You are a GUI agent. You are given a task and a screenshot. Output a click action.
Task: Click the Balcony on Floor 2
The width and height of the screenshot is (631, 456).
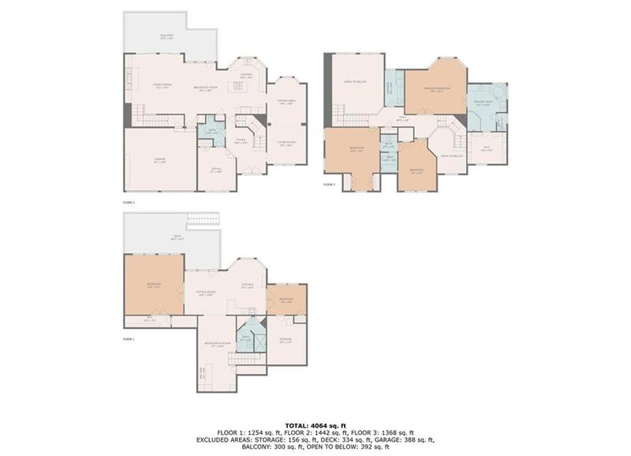click(x=167, y=36)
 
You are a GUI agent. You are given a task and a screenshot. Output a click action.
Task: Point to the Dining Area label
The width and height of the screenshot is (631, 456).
click(x=286, y=102)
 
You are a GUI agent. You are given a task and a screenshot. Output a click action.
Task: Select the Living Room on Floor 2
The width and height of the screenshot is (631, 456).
click(x=286, y=144)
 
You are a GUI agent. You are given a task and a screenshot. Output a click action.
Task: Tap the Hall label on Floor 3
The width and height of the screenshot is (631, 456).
click(x=402, y=119)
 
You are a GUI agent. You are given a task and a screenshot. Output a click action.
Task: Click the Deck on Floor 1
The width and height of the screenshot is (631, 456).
click(x=166, y=236)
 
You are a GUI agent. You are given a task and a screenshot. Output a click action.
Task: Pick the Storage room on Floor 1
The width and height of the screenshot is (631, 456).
click(x=286, y=341)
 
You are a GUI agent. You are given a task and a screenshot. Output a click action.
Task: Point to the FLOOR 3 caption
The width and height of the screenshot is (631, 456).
click(x=330, y=185)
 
